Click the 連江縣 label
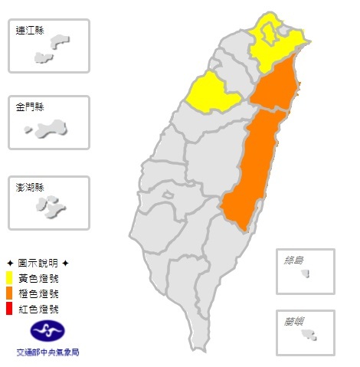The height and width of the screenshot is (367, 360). pos(29,31)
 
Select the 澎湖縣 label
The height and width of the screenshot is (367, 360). pos(29,188)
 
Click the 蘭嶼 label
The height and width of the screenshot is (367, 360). pos(294,322)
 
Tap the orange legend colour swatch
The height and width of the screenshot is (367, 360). pos(8,293)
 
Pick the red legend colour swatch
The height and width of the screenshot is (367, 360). pos(8,308)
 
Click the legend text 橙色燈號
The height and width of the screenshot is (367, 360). pos(36,293)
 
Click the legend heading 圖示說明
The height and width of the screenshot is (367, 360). pos(38,262)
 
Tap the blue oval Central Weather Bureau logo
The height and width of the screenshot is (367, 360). pos(47,332)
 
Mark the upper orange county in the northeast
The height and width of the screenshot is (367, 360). pos(274,88)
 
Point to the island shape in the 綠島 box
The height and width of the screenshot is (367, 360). pos(306,273)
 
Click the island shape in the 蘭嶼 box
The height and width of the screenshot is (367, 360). pos(311,335)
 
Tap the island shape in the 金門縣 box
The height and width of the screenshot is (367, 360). pos(51,128)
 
